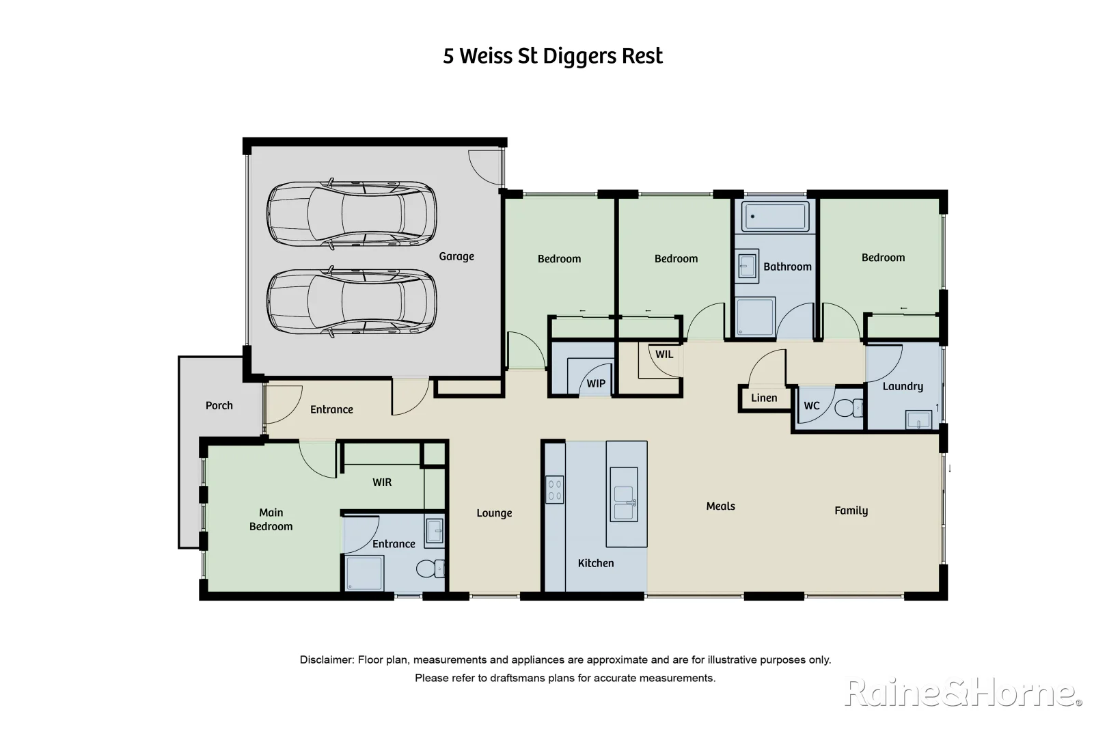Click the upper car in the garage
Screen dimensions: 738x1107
pyautogui.click(x=351, y=213)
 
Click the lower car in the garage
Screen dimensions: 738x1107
pyautogui.click(x=351, y=302)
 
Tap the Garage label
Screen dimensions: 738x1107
pyautogui.click(x=456, y=256)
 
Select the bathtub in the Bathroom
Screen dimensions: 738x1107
pyautogui.click(x=775, y=216)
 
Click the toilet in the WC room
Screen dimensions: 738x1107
pyautogui.click(x=849, y=407)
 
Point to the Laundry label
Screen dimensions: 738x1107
pyautogui.click(x=902, y=386)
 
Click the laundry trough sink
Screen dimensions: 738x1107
pyautogui.click(x=918, y=420)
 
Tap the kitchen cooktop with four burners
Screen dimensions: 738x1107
pyautogui.click(x=554, y=489)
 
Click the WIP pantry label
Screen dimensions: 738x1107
pyautogui.click(x=595, y=383)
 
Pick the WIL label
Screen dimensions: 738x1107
pyautogui.click(x=664, y=354)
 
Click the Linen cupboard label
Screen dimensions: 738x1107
pyautogui.click(x=763, y=398)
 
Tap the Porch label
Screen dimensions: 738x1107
pyautogui.click(x=219, y=405)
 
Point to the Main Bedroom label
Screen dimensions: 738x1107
pyautogui.click(x=271, y=519)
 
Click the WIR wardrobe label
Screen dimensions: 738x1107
pyautogui.click(x=381, y=482)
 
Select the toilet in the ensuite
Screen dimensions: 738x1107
pyautogui.click(x=428, y=568)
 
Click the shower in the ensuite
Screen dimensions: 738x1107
pyautogui.click(x=364, y=573)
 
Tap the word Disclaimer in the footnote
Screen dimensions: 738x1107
pyautogui.click(x=326, y=659)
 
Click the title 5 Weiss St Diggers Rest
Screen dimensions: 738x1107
pyautogui.click(x=552, y=56)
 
